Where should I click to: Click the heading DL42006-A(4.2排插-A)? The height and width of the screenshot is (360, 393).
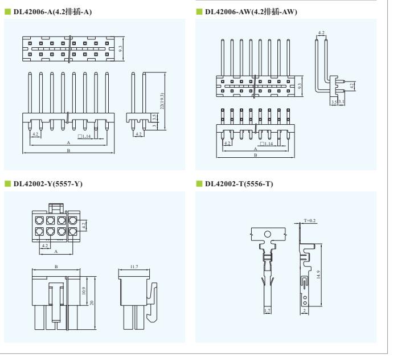click(x=52, y=12)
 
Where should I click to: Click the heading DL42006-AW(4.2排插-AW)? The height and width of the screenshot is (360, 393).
click(x=251, y=12)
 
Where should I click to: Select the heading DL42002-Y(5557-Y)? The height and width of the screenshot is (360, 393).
click(x=48, y=184)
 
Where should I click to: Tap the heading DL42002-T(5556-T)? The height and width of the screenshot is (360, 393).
click(x=239, y=184)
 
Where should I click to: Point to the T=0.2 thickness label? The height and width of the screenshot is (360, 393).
click(x=309, y=220)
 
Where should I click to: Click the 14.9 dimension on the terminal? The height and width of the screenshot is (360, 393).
click(x=318, y=274)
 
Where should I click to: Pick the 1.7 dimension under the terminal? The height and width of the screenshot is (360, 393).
click(x=268, y=310)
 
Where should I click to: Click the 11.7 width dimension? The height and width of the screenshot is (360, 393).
click(x=134, y=267)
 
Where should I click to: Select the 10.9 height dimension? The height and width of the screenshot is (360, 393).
click(x=84, y=291)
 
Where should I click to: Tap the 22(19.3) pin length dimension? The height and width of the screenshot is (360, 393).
click(x=162, y=101)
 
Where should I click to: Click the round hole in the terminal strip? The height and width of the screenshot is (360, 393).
click(x=268, y=234)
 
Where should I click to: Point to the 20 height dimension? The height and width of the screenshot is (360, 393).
click(x=92, y=303)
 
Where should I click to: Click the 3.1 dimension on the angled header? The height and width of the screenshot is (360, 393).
click(x=341, y=102)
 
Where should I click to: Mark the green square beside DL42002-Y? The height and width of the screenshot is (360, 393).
click(x=8, y=184)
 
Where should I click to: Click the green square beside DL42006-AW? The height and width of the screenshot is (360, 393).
click(x=199, y=11)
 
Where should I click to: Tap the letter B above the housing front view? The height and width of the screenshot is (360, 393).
click(x=56, y=267)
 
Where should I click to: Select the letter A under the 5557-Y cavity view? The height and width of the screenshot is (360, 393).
click(x=56, y=251)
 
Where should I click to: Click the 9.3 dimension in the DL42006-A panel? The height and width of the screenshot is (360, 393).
click(x=121, y=48)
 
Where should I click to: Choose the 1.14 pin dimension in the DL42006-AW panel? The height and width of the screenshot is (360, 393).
click(x=267, y=144)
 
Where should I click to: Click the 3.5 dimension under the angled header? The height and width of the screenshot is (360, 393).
click(x=334, y=102)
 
